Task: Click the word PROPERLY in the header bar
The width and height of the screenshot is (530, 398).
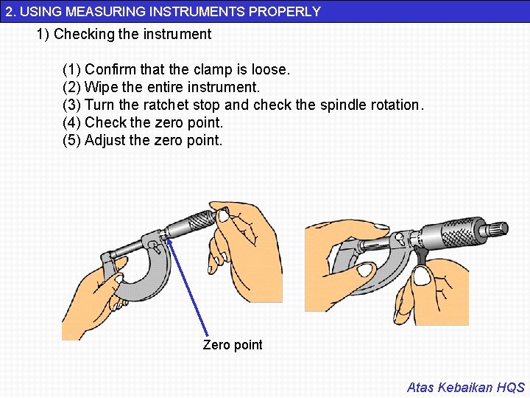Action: pyautogui.click(x=285, y=12)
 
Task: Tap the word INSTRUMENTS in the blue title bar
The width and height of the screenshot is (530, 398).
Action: pyautogui.click(x=197, y=12)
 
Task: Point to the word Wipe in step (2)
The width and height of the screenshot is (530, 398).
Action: pyautogui.click(x=102, y=87)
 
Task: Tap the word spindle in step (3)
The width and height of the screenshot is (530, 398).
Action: pyautogui.click(x=343, y=105)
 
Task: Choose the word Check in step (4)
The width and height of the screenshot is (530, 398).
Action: pyautogui.click(x=105, y=122)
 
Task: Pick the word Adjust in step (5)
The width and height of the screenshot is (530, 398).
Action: pyautogui.click(x=105, y=141)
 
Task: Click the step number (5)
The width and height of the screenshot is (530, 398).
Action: pyautogui.click(x=71, y=141)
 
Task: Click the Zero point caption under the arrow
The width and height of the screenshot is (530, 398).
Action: pyautogui.click(x=233, y=345)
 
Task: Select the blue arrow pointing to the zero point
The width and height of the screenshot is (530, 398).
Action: pyautogui.click(x=188, y=287)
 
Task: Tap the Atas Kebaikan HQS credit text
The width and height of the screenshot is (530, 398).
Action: pyautogui.click(x=466, y=387)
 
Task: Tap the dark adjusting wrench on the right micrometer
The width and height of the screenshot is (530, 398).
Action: pyautogui.click(x=420, y=256)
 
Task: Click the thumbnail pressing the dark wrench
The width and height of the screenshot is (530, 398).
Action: pyautogui.click(x=423, y=275)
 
